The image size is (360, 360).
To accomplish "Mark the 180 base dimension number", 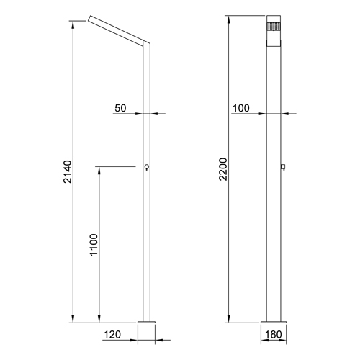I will [x=274, y=335].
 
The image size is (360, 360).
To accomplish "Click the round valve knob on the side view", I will [x=147, y=167].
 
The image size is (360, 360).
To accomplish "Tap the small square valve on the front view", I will [x=284, y=167].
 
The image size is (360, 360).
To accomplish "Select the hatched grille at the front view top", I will [x=274, y=27].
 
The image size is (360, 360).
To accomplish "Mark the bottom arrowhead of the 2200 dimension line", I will [x=228, y=318].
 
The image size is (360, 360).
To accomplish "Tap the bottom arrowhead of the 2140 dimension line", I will [x=73, y=318].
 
